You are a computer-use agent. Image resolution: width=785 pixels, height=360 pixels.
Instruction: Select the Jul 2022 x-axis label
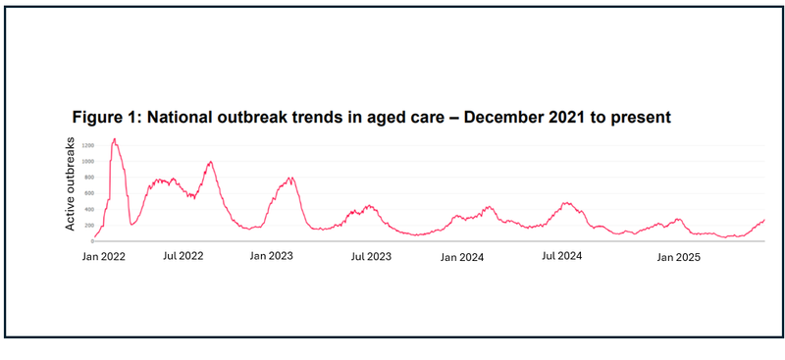point(183,255)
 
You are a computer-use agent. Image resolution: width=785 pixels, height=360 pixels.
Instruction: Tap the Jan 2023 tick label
point(272,255)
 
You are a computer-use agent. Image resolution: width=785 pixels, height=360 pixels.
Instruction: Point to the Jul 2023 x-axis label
point(371,256)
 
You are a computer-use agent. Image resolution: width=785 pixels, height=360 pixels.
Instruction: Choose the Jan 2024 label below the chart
point(461,257)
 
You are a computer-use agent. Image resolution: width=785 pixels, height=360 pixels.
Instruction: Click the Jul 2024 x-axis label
point(562,255)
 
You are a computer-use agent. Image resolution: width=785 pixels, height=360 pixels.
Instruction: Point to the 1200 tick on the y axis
point(88,145)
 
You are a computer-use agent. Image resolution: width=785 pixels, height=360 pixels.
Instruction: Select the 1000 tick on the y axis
point(88,161)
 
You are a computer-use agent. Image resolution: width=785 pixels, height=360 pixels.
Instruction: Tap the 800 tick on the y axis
point(89,177)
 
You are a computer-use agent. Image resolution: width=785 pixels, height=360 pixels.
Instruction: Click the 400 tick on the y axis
point(89,209)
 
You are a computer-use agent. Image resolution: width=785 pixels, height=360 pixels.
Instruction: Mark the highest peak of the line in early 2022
point(115,139)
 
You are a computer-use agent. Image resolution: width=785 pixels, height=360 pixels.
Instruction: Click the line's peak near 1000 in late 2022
point(210,162)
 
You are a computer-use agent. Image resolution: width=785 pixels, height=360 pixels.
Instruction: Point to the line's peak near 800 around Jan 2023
point(290,178)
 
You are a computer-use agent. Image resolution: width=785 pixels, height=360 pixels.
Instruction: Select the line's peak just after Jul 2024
point(566,203)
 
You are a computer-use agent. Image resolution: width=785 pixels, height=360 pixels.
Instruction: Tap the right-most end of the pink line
point(763,220)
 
